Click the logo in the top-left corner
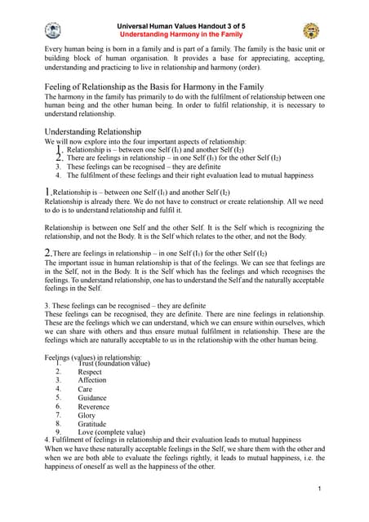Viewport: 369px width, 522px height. tap(52, 31)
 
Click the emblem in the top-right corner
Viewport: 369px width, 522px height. tap(311, 31)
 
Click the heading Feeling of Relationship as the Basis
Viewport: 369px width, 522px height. tap(153, 86)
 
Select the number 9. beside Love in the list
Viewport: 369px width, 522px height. tap(58, 432)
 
